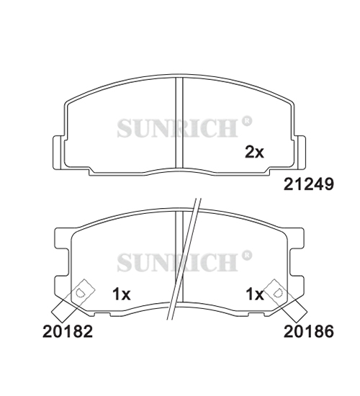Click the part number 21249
[308, 184]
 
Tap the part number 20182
[68, 331]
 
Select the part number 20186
[308, 331]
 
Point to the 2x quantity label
[254, 152]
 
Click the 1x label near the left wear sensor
[121, 294]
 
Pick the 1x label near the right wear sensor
[255, 294]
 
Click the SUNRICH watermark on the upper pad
[177, 129]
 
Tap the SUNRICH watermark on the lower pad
[177, 263]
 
